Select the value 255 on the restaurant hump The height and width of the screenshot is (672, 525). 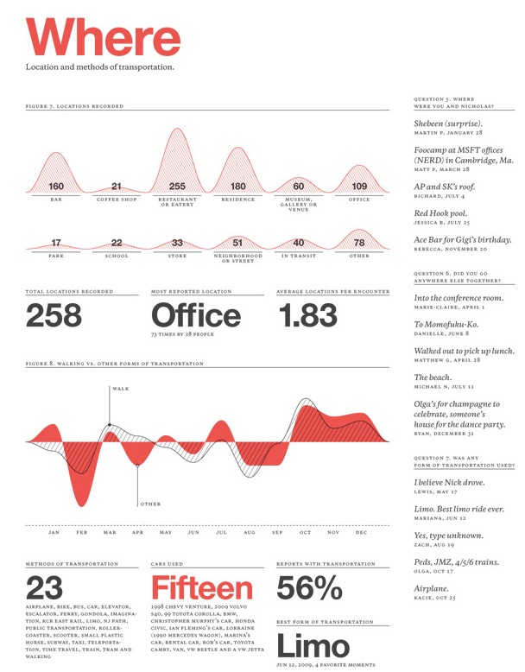177,187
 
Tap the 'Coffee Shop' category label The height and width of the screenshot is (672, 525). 117,199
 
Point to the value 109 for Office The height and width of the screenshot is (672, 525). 359,187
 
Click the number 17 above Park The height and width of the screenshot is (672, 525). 56,244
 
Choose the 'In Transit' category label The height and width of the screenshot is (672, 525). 299,256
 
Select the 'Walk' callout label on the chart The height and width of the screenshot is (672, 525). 121,390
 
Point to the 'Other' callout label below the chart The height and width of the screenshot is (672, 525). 150,504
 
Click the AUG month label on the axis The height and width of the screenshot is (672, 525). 249,533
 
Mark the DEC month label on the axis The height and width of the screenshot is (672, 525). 361,533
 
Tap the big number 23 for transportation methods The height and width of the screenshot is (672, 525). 44,589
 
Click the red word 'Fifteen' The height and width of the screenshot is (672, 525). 203,589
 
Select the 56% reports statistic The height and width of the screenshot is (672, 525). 309,589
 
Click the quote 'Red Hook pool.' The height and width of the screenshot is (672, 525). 442,212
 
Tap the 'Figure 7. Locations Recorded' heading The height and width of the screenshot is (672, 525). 74,106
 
